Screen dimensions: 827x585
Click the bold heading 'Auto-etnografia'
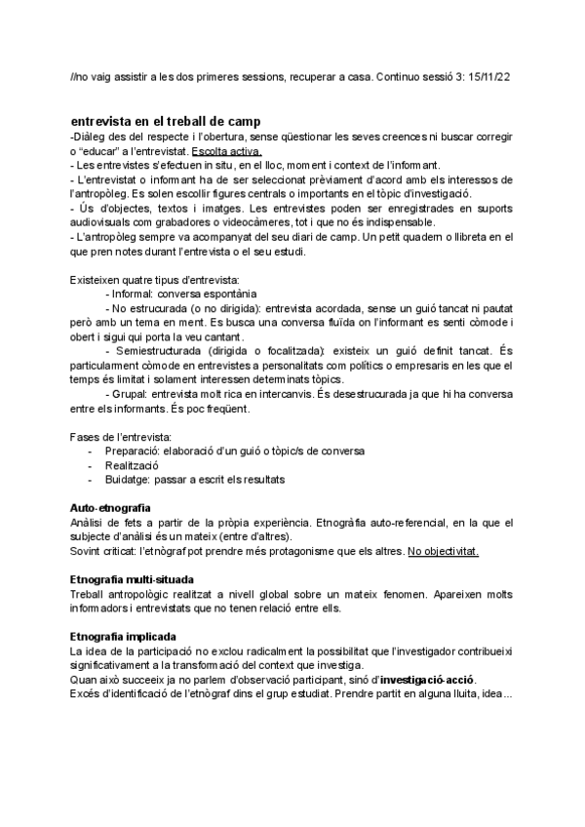110,509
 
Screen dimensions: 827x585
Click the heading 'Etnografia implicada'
122,636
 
